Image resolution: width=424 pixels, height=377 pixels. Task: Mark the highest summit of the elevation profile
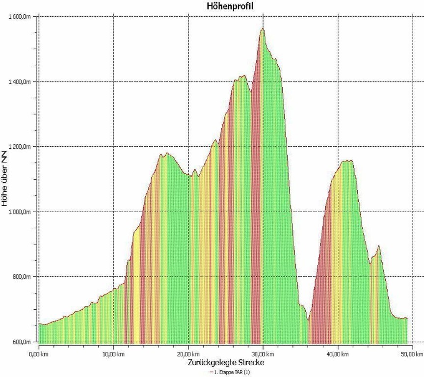[x=263, y=29]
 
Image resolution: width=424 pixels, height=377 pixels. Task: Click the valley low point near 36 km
[x=308, y=320]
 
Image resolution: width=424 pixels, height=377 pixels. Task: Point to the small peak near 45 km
[x=378, y=246]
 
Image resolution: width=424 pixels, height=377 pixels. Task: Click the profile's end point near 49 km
[x=407, y=319]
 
